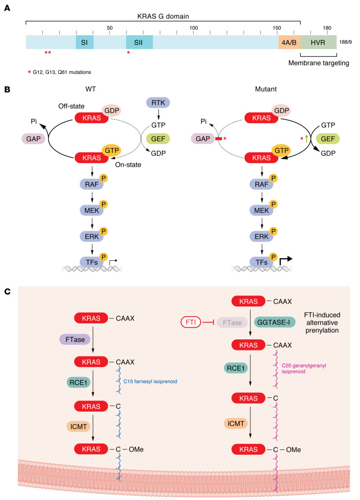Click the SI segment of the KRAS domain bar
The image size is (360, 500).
(x=85, y=42)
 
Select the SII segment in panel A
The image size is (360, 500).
(x=139, y=42)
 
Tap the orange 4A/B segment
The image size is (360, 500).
(x=289, y=42)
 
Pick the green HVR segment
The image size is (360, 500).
(x=318, y=42)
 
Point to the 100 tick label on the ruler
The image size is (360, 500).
(x=194, y=28)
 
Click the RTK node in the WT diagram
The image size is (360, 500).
(x=158, y=103)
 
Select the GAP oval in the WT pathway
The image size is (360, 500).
(x=34, y=139)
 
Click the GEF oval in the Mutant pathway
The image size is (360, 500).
(x=328, y=139)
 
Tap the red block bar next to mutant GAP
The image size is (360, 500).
(x=219, y=139)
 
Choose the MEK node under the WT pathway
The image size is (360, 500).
(x=91, y=210)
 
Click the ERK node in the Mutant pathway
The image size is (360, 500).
(x=261, y=237)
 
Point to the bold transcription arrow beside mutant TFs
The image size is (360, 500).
(x=285, y=261)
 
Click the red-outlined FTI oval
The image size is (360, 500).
(x=191, y=322)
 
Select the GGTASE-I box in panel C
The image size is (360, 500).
(x=274, y=322)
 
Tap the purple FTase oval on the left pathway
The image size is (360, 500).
(x=75, y=340)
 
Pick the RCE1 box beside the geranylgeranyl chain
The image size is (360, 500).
(x=235, y=368)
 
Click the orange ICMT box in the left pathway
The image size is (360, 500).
(x=79, y=427)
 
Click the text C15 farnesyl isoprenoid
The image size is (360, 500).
(x=150, y=382)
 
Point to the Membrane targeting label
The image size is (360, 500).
(x=319, y=63)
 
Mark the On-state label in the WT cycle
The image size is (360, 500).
(x=128, y=165)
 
